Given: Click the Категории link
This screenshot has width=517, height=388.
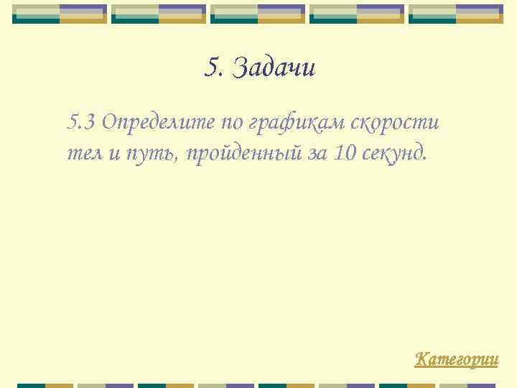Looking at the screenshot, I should pos(457,359).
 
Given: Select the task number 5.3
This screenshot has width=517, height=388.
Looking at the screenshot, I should pos(81,123).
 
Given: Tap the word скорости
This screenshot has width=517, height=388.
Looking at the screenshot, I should pos(395,123).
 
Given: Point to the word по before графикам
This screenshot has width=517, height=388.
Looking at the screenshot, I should pos(231,123).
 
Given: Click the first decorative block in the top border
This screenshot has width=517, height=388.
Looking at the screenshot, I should pos(60,14).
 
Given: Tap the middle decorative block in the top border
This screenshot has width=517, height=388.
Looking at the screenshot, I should pos(258,14).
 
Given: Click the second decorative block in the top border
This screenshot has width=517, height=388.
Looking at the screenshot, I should pos(159,14).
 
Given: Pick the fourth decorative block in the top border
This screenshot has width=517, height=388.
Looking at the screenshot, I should pos(357,14).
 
